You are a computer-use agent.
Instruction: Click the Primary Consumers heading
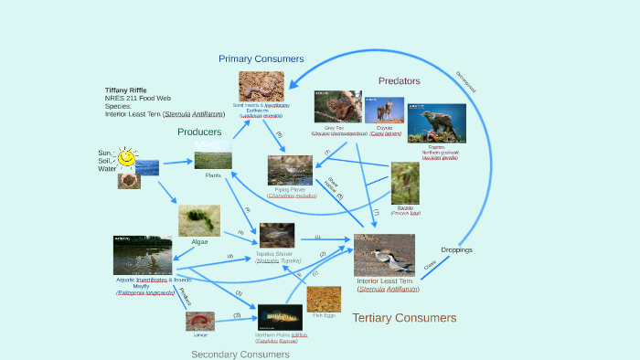click(261, 58)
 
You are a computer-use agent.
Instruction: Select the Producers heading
click(199, 132)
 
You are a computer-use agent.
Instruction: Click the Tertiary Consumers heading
click(404, 318)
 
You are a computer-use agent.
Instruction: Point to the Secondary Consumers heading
click(240, 354)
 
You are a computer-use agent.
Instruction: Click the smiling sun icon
click(126, 158)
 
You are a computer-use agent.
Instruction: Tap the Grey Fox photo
click(337, 106)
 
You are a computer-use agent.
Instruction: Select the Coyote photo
click(384, 111)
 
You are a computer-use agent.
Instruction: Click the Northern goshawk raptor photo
click(436, 122)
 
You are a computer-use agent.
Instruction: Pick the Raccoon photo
click(405, 183)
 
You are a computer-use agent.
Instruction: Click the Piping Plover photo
click(290, 170)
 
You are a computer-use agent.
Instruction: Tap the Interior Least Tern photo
click(384, 255)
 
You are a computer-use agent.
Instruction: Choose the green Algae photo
click(198, 220)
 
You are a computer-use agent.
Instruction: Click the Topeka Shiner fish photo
click(277, 235)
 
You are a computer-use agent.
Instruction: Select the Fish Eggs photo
click(324, 299)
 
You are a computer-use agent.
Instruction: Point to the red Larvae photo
click(200, 321)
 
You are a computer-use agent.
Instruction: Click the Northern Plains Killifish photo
click(280, 317)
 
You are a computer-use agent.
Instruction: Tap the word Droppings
click(456, 249)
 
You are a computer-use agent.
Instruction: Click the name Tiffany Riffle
click(125, 90)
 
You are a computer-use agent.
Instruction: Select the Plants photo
click(213, 160)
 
